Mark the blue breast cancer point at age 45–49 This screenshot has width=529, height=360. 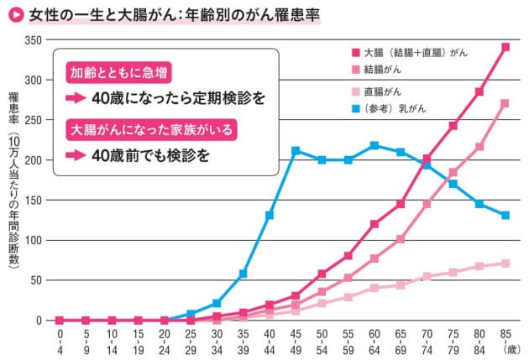[296, 151]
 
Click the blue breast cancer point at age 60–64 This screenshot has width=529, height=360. [374, 145]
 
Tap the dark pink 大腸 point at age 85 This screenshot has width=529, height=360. [505, 47]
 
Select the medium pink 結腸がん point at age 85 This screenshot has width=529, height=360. [505, 104]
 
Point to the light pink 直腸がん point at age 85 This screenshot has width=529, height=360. [505, 263]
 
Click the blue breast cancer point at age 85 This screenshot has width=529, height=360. [505, 215]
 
